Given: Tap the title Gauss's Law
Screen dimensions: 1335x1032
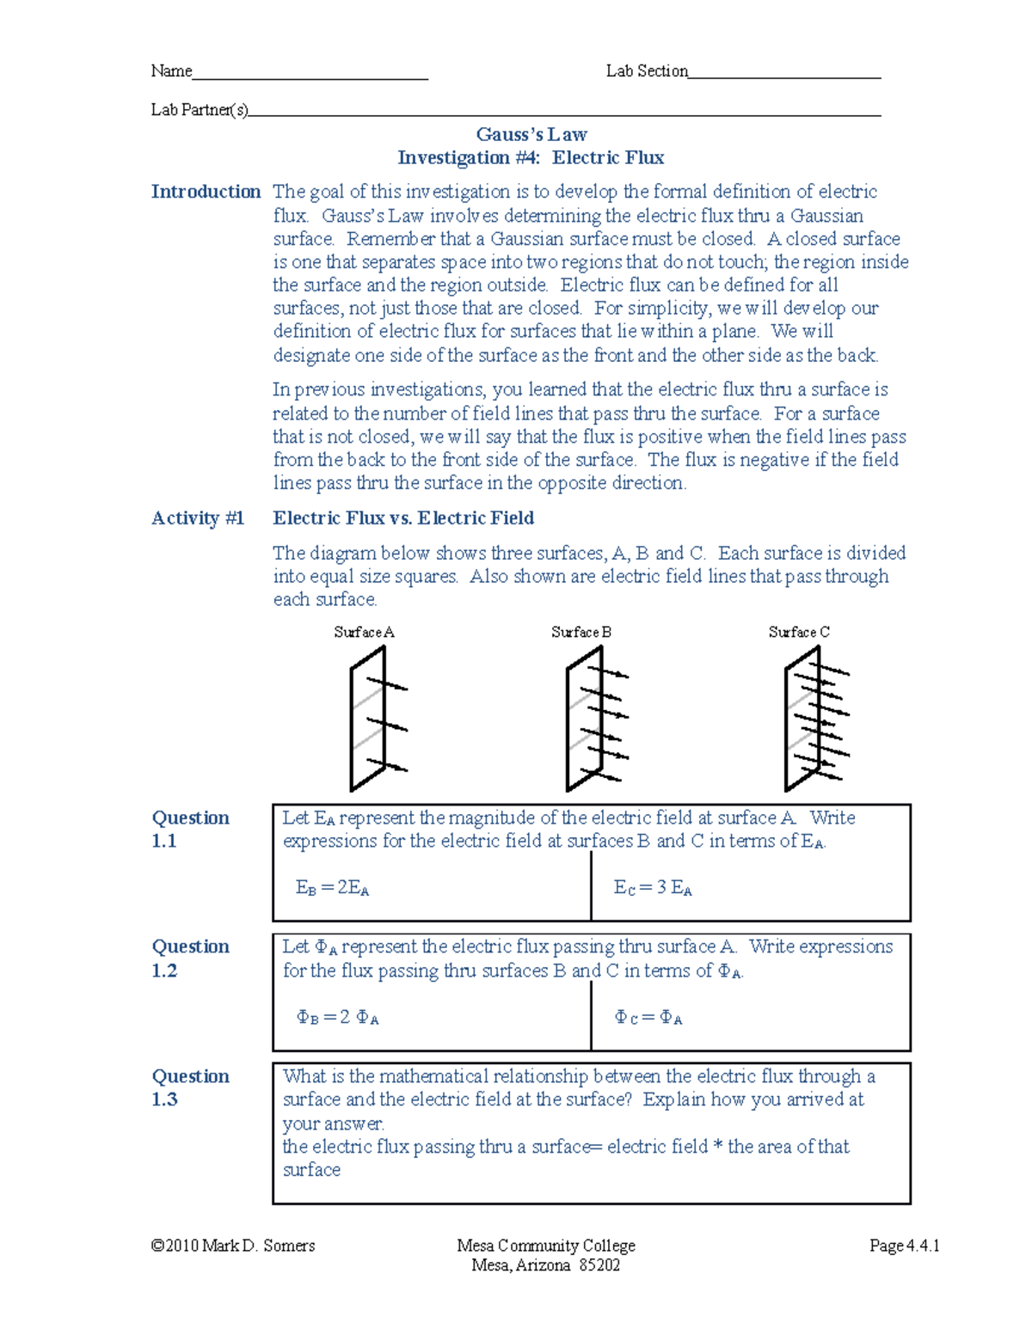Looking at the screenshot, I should [x=531, y=135].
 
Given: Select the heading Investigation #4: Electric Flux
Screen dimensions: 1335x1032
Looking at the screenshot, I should [x=531, y=158].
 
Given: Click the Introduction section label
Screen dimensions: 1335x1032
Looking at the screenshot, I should [x=206, y=192].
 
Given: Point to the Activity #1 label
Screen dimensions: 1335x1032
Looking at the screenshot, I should [x=198, y=518].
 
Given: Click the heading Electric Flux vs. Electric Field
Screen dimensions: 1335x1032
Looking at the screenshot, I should [x=403, y=518].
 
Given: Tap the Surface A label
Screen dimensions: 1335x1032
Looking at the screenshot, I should [x=364, y=633].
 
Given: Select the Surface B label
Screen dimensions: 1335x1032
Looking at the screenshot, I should [x=581, y=633].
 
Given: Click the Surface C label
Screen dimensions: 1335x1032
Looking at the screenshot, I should [x=799, y=633].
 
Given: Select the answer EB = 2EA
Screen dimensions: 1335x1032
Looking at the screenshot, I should [x=333, y=889].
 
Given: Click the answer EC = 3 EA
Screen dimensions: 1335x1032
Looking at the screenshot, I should [x=653, y=889].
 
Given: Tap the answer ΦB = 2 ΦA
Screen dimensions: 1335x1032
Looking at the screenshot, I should [x=337, y=1018].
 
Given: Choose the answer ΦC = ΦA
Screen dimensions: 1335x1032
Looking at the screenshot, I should [x=648, y=1019].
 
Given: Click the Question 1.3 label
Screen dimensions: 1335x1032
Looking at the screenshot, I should [x=190, y=1087].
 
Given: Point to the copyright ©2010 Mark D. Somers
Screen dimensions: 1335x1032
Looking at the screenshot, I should [x=233, y=1246].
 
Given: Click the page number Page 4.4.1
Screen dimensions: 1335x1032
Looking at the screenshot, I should [x=904, y=1246].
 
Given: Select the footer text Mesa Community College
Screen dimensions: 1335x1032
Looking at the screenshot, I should [x=546, y=1246].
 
